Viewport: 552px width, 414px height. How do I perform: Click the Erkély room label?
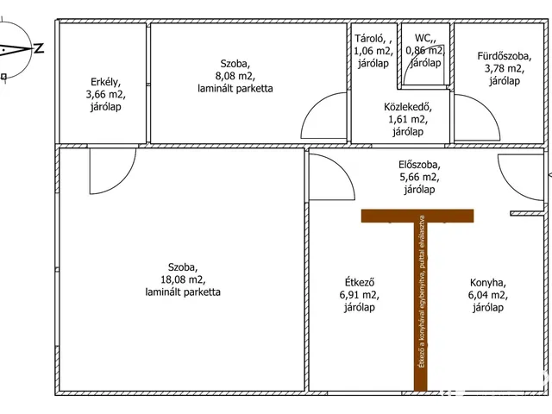tap(105, 83)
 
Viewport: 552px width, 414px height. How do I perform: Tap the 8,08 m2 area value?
tap(235, 76)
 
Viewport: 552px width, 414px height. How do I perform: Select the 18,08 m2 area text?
tap(183, 279)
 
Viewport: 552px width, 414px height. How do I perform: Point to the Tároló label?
tap(371, 38)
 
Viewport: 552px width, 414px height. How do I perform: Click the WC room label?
tap(423, 38)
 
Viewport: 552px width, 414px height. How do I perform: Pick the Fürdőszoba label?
tap(504, 56)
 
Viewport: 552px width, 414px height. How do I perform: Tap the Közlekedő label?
tap(408, 107)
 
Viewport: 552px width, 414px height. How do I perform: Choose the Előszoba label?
tap(419, 165)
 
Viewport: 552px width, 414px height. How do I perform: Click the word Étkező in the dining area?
tap(359, 282)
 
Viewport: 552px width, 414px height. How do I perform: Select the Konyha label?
tap(487, 283)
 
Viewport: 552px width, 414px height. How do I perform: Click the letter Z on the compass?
tap(39, 48)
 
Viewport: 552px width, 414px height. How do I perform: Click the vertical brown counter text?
tap(422, 292)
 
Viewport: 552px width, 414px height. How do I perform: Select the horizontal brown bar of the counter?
tap(417, 216)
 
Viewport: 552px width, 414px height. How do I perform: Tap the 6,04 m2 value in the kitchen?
tap(487, 295)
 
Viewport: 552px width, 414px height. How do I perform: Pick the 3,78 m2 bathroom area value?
tap(504, 68)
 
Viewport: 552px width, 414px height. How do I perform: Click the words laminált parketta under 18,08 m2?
tap(183, 292)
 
